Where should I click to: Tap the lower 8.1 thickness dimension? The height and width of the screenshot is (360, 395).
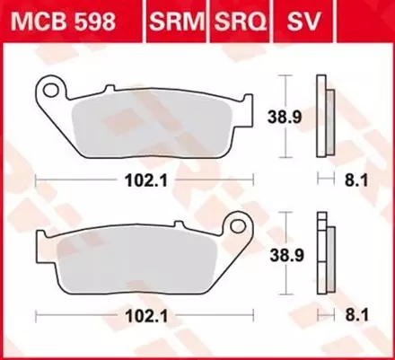tap(356, 316)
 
